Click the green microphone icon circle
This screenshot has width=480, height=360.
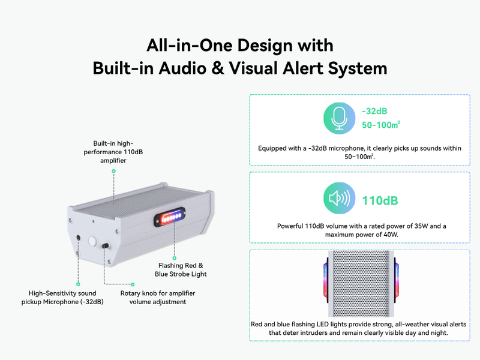[x=338, y=118]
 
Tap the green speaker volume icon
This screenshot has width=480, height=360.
[x=338, y=199]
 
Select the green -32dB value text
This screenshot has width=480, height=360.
[x=374, y=111]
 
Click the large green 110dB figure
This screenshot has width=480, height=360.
[x=380, y=200]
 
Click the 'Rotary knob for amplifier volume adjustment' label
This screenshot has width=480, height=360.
[x=158, y=298]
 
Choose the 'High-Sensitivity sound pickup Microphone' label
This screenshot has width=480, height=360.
[x=66, y=298]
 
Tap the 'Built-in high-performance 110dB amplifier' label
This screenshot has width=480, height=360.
[x=113, y=152]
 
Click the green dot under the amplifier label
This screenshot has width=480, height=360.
[x=113, y=171]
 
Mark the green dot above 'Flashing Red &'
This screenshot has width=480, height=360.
[x=175, y=253]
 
